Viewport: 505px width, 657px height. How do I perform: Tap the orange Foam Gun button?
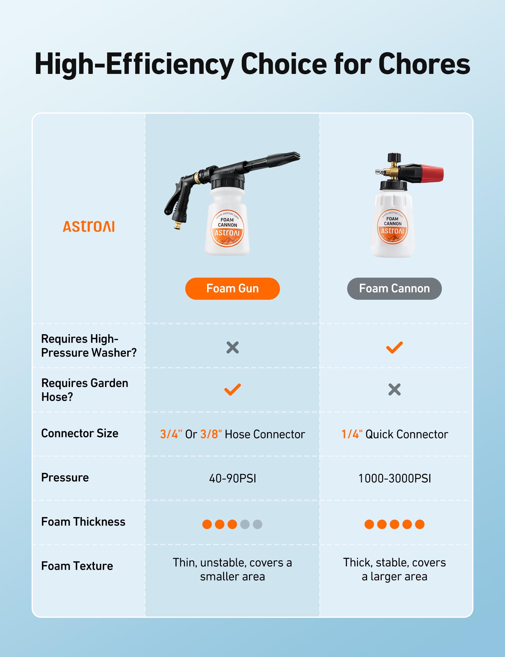coord(232,288)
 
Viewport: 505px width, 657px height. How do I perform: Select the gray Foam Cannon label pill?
coord(394,288)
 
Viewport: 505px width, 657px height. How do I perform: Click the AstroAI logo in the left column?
coord(89,226)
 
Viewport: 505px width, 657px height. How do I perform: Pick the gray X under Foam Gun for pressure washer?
coord(233,347)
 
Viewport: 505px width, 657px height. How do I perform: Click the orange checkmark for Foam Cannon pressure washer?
coord(395,347)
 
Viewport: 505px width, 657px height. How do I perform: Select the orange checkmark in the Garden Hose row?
coord(233,389)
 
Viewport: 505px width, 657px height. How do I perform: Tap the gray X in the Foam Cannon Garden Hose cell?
coord(395,389)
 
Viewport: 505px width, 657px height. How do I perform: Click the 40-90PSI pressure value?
coord(233,478)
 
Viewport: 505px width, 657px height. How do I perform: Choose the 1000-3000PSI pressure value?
coord(395,478)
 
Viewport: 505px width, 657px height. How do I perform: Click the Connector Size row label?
coord(80,433)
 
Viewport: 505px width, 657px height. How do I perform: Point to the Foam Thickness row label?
coord(83,521)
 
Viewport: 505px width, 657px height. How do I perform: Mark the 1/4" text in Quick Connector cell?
coord(352,434)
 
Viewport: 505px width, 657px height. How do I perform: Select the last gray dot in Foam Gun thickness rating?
coord(258,524)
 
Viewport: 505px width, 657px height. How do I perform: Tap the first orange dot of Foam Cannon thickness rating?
coord(369,524)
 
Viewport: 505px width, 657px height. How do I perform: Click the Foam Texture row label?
coord(77,566)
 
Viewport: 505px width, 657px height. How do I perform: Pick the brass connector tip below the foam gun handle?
coord(178,226)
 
